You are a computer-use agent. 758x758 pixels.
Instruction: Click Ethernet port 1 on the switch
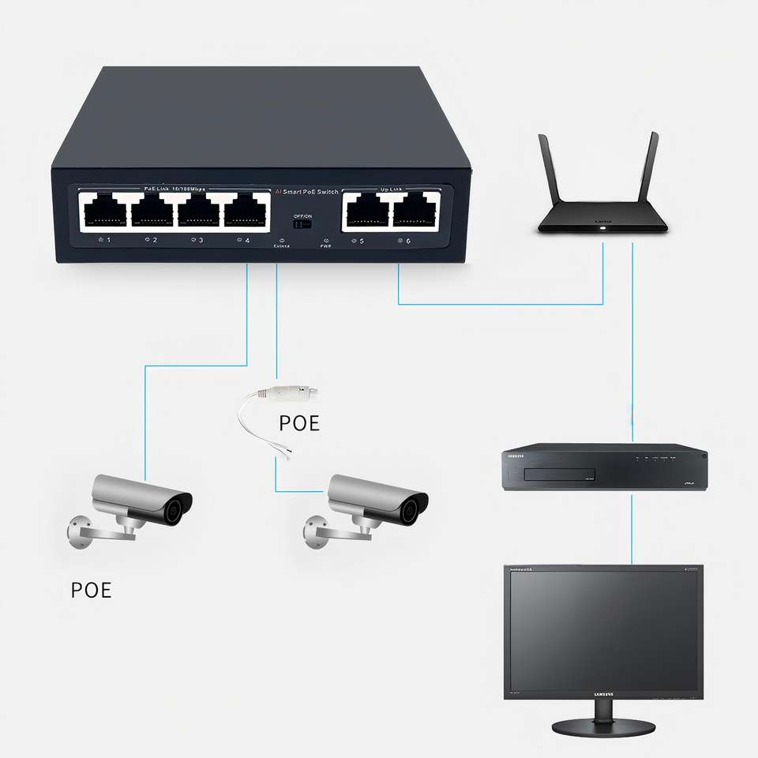103,211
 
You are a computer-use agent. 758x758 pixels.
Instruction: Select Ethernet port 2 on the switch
152,211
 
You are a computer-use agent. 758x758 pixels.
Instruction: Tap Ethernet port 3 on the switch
199,211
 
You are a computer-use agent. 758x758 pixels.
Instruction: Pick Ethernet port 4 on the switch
246,211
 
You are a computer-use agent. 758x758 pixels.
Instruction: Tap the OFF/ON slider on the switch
302,224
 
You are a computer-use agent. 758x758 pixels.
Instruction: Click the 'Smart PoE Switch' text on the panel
310,192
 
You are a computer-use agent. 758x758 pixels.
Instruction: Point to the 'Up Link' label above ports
390,189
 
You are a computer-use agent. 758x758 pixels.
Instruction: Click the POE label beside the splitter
299,423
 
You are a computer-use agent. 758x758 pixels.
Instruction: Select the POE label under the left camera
91,590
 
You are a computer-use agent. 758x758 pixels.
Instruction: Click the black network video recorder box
605,470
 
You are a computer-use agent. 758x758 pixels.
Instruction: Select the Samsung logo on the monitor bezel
604,694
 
